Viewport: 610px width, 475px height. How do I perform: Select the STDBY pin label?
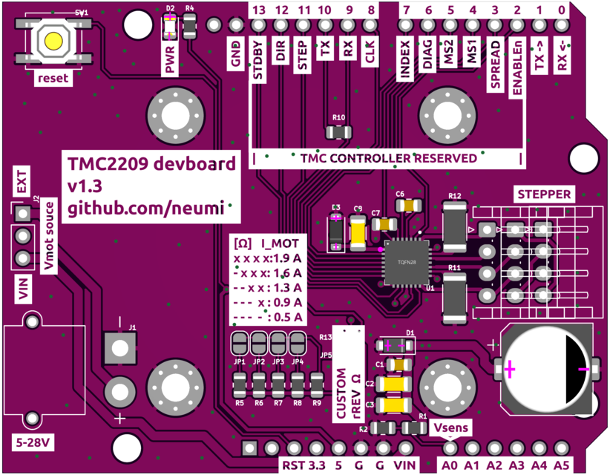tap(259, 65)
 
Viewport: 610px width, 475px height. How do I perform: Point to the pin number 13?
tap(258, 10)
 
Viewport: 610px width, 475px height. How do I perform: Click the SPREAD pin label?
tap(495, 71)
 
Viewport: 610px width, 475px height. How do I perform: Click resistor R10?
tap(339, 132)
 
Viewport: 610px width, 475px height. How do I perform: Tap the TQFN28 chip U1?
tap(406, 262)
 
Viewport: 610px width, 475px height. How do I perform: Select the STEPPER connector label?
tap(545, 194)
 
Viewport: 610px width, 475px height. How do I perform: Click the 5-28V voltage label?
tap(33, 444)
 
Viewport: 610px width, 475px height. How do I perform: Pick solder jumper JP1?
tap(240, 344)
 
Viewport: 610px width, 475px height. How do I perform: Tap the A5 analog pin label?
tap(561, 465)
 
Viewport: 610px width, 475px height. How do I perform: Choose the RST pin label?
tap(292, 465)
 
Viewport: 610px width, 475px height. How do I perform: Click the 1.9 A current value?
tap(287, 258)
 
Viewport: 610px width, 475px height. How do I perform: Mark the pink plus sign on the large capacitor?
tap(509, 369)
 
